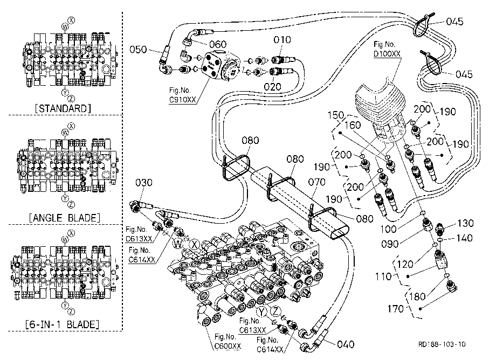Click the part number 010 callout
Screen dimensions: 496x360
point(282,40)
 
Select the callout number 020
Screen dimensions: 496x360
point(273,86)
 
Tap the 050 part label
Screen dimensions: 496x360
point(138,50)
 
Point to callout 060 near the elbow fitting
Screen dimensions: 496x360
point(218,44)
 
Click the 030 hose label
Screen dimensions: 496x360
point(144,182)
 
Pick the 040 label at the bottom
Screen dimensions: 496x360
point(346,344)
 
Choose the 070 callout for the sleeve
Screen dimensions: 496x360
point(316,182)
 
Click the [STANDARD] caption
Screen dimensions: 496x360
point(63,108)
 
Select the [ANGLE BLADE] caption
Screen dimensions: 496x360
point(65,217)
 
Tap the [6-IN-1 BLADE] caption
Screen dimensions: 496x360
point(62,324)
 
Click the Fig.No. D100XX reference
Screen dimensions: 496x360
point(387,49)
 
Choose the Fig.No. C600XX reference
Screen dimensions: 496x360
point(228,341)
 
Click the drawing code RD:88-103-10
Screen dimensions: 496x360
point(442,344)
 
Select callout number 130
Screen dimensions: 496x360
point(465,223)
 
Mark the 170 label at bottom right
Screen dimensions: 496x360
point(396,308)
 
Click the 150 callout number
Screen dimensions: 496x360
point(336,115)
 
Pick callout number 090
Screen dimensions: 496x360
point(390,244)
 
